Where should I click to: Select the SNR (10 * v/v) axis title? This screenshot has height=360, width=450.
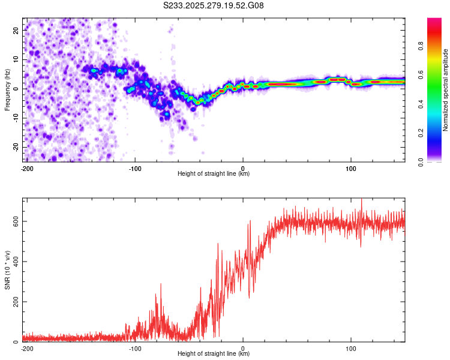(7, 270)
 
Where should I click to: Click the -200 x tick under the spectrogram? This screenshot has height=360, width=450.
(26, 168)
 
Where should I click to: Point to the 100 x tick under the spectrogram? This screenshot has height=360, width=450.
(350, 168)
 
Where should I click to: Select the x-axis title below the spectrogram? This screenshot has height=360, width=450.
(214, 174)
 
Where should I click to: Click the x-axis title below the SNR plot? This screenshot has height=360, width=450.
(214, 354)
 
